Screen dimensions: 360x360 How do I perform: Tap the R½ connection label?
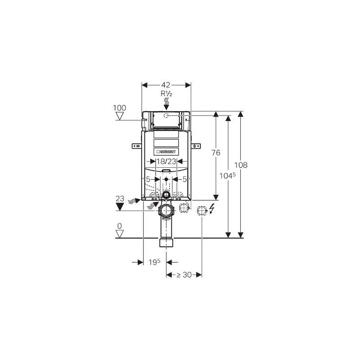point(166,94)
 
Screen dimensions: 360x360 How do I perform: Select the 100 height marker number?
point(119,108)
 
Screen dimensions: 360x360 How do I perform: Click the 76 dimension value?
point(216,153)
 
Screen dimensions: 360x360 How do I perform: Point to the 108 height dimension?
point(241,165)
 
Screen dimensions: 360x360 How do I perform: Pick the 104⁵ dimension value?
point(227,175)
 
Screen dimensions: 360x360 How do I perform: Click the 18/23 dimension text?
point(166,162)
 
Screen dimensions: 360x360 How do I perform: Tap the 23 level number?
point(120,198)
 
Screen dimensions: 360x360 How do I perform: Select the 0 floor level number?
point(119,226)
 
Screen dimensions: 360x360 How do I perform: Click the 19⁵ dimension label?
point(154,262)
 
